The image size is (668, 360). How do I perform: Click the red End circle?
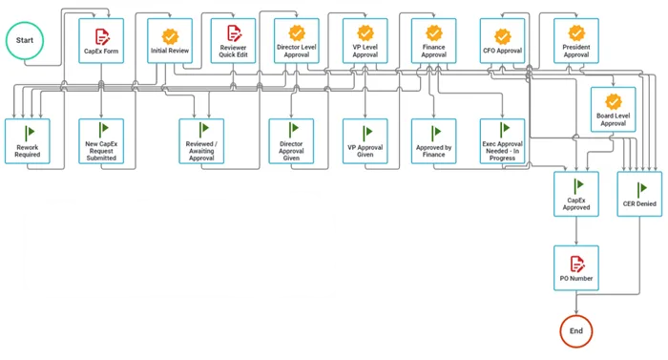pos(576,330)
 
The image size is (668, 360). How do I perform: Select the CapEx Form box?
pos(100,40)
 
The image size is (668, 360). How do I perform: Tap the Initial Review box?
pos(170,40)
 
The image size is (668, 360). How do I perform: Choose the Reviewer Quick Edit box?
pos(233,40)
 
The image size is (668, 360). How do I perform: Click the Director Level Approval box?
pos(297,40)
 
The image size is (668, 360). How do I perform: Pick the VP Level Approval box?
pos(365,40)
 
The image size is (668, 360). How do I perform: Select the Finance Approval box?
pos(434,40)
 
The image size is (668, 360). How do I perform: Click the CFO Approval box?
pos(502,40)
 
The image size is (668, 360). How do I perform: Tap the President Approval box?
pos(576,40)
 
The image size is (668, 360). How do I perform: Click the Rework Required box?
pos(28,140)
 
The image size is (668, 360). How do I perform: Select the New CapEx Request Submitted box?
pos(100,140)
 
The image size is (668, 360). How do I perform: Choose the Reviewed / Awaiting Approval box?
pos(201,140)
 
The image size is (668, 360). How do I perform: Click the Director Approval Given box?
pos(291,140)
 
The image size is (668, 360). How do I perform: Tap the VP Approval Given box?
pos(365,140)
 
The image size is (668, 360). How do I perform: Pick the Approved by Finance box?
pos(434,140)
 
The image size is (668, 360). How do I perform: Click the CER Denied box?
pos(638,195)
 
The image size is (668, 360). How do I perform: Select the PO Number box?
pos(576,268)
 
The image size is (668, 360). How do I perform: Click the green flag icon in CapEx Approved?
pos(576,185)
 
